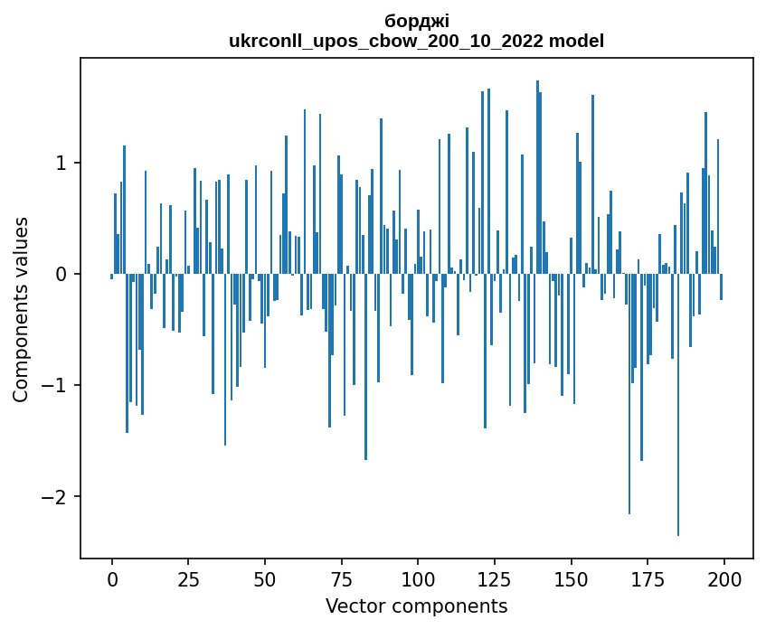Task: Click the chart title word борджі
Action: [416, 21]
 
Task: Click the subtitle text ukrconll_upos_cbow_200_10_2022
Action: [391, 41]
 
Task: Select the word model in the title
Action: [580, 41]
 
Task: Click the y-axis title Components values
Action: [20, 309]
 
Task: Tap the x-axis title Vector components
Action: [416, 606]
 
